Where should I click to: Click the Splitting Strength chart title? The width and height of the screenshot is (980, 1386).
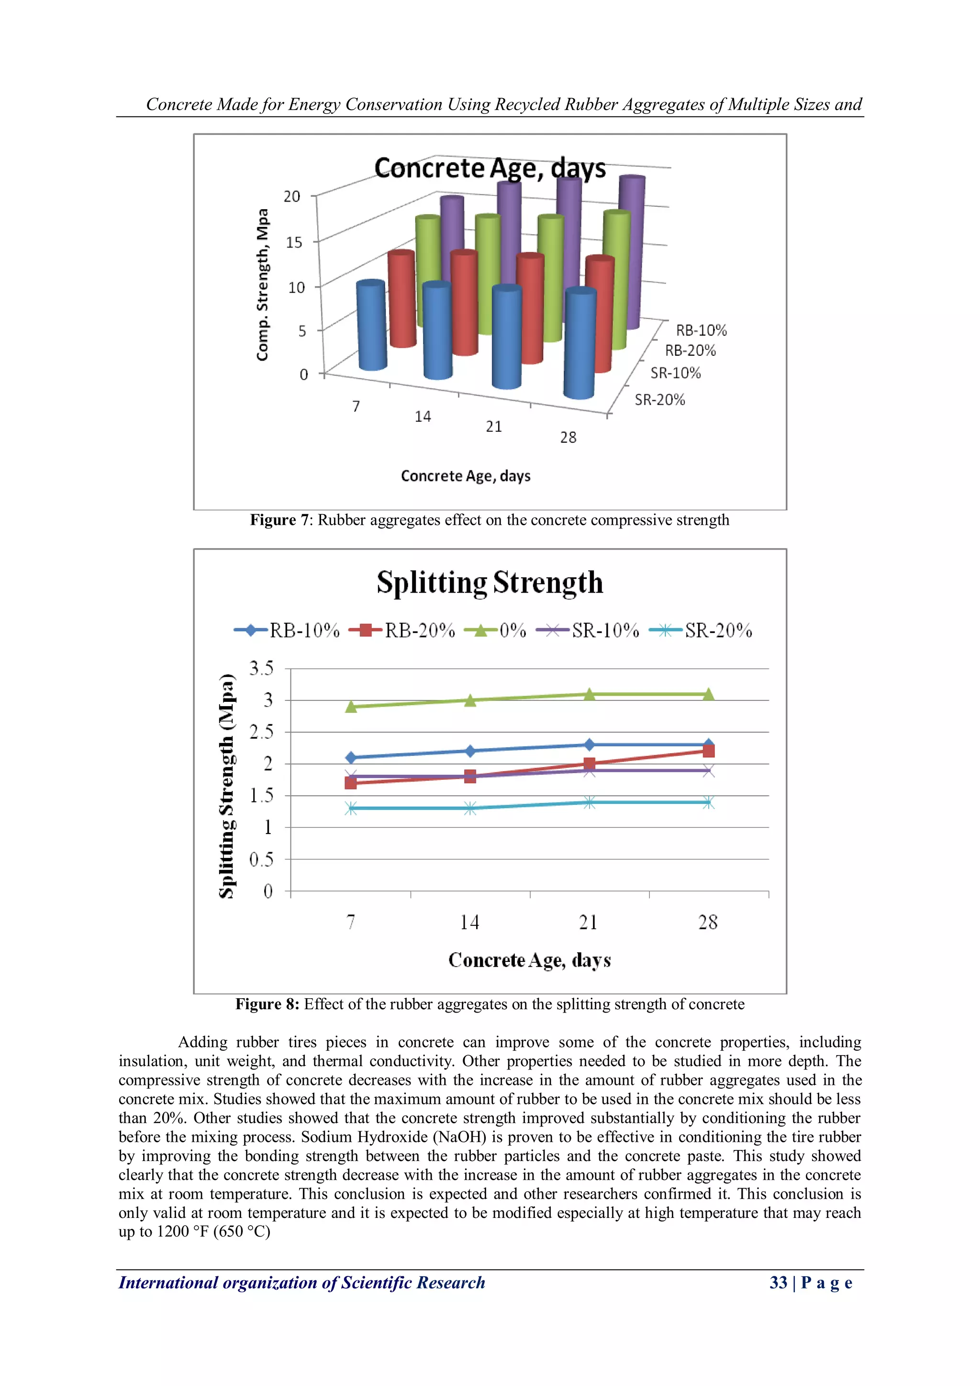pos(490,583)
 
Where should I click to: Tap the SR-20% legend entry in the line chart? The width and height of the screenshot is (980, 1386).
pos(701,631)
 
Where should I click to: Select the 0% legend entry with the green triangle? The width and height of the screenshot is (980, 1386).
pos(495,631)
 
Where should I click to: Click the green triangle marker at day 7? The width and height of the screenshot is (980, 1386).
pos(351,706)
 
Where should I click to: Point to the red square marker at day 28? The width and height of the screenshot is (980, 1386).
pos(709,751)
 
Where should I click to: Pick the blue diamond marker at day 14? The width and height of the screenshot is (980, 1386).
pos(470,751)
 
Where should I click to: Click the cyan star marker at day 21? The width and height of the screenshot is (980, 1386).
pos(590,802)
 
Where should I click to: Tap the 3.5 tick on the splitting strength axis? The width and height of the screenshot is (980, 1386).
pos(261,668)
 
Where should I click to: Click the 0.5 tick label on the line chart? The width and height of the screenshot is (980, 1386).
pos(261,859)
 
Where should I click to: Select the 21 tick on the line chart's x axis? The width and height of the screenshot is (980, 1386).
pos(589,923)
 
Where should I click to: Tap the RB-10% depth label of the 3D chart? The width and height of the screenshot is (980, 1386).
pos(701,330)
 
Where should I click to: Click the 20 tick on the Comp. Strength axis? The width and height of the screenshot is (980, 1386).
pos(291,196)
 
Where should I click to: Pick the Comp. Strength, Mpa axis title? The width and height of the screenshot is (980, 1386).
pos(262,285)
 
